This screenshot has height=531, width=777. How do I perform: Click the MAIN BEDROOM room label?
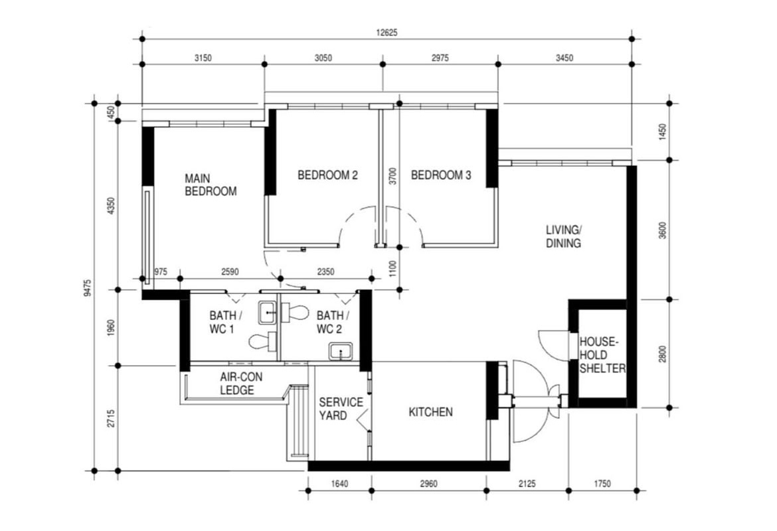pos(210,185)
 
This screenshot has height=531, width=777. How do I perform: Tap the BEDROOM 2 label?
pos(327,175)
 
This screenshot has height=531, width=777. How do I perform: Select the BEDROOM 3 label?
pos(441,175)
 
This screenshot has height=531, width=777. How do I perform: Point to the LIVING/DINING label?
pos(563,236)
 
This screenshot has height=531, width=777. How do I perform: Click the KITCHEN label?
pos(430,412)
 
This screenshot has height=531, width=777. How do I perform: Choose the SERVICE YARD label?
pos(341,409)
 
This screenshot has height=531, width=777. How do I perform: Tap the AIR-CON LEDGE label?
pos(237,384)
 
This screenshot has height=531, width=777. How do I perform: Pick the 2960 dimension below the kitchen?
pos(428,484)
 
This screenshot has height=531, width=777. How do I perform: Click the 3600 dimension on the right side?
pos(661,230)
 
